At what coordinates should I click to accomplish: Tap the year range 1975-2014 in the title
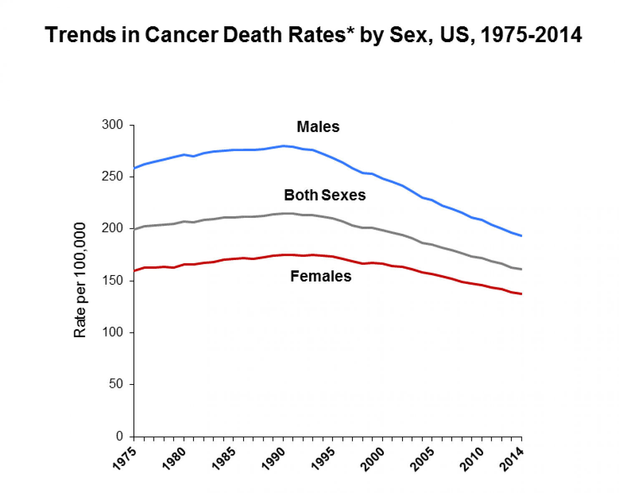click(x=531, y=35)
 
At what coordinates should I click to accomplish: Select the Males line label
click(x=318, y=127)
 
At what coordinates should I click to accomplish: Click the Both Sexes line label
click(x=325, y=195)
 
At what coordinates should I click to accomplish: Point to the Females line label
click(x=321, y=276)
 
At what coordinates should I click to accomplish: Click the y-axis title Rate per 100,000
click(x=80, y=280)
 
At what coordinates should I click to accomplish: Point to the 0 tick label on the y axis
click(x=120, y=436)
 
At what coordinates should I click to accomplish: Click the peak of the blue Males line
click(x=284, y=146)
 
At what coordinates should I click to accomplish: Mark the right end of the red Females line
click(x=521, y=294)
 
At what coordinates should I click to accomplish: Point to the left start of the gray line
click(x=134, y=229)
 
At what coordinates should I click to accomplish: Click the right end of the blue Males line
click(x=521, y=236)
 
